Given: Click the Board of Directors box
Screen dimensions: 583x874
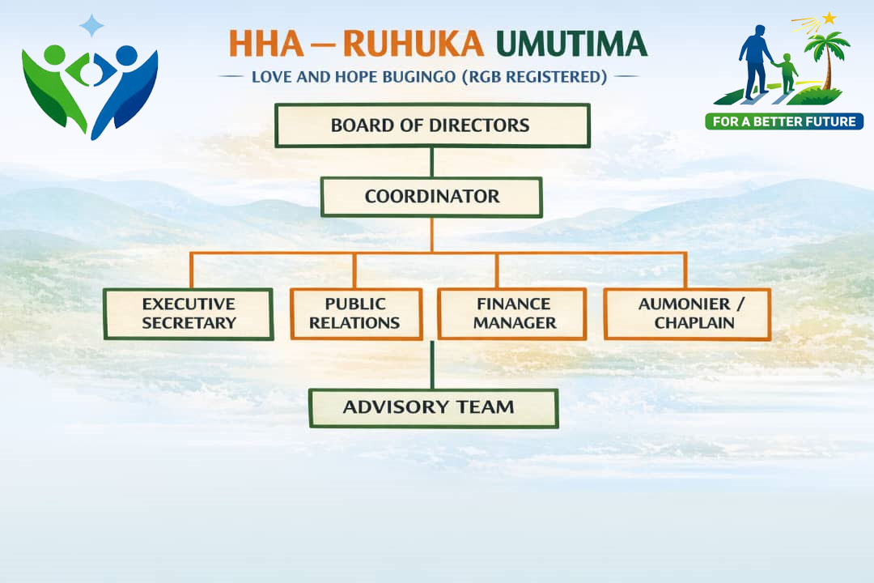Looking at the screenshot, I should (432, 126).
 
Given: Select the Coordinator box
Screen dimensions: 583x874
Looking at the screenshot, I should (431, 197).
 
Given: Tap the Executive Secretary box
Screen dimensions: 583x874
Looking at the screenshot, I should (189, 313).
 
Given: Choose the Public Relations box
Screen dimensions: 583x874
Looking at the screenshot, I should (356, 313).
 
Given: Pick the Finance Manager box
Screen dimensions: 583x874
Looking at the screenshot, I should (512, 313).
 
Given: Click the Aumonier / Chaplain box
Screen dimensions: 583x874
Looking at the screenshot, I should (687, 313).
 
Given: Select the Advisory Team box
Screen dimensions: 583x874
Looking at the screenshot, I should (434, 407).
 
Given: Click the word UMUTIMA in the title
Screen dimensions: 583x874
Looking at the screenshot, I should (572, 44).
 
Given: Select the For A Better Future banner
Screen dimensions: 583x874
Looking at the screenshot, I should (784, 121).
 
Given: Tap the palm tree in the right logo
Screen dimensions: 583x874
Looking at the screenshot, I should (827, 57).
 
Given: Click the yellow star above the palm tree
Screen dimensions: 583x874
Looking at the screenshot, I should (829, 17).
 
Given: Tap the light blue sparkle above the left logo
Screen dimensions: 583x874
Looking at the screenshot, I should (91, 25).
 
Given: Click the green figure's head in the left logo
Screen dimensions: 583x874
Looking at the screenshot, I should (54, 55).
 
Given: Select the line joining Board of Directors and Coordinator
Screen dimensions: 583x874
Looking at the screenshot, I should (432, 162).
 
